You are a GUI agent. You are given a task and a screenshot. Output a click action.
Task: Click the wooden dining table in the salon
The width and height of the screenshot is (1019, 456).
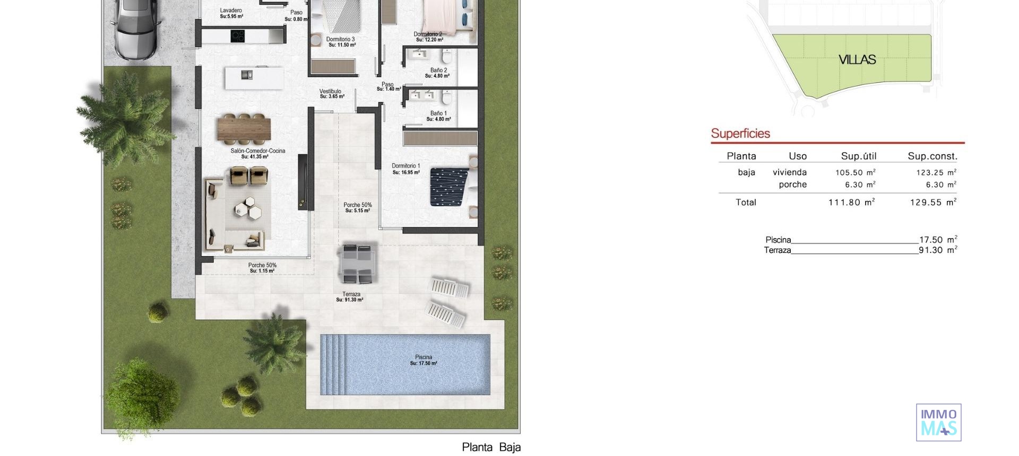(x=244, y=129)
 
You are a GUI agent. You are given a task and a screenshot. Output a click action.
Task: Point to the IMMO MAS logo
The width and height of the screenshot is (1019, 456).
(x=938, y=423)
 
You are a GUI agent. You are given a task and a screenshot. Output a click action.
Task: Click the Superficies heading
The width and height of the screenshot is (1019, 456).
(x=740, y=134)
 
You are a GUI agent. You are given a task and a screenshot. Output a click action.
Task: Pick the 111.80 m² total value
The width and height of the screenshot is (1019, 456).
(x=851, y=202)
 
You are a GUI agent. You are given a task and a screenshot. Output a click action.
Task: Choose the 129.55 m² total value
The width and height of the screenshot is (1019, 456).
(x=933, y=202)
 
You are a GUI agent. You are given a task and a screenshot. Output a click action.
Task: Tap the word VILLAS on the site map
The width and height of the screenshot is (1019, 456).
(x=857, y=60)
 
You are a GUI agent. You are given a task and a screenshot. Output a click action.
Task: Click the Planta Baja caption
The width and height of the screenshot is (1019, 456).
(x=491, y=447)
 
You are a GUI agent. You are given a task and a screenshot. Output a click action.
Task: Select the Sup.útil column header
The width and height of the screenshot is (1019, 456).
(x=858, y=156)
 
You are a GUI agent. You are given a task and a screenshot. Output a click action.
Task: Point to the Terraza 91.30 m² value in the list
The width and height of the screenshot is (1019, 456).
(x=938, y=250)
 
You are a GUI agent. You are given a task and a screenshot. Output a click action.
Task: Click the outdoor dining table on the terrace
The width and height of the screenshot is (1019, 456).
(x=358, y=264)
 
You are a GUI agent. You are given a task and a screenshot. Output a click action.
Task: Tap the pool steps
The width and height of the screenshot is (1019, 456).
(x=333, y=364)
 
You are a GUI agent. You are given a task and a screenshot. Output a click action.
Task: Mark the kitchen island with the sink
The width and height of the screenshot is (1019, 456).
(x=254, y=77)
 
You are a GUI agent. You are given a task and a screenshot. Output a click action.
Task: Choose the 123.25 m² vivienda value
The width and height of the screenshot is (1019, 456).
(x=936, y=172)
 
